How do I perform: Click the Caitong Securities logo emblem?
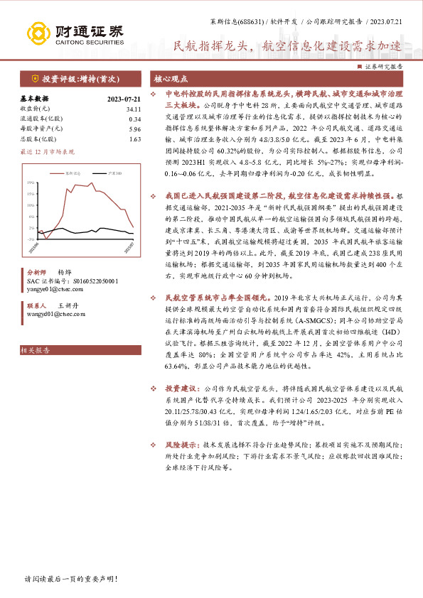click(40, 33)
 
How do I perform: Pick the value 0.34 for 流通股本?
click(135, 119)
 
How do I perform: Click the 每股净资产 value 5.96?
click(135, 129)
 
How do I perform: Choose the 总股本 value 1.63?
click(135, 139)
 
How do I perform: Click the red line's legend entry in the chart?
click(70, 172)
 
